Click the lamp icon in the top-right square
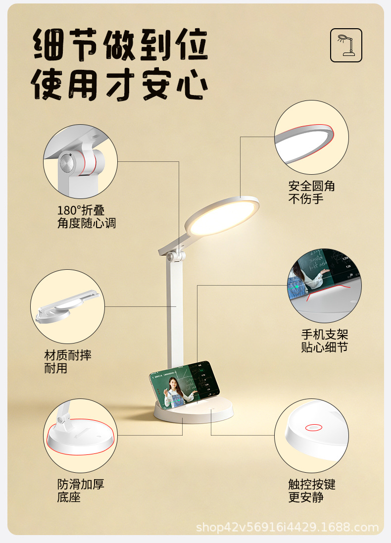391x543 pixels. [x=346, y=45]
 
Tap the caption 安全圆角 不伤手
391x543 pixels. [x=312, y=193]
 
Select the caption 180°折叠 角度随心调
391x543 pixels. [x=87, y=217]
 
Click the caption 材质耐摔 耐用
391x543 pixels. [x=68, y=362]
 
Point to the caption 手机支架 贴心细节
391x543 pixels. [x=325, y=341]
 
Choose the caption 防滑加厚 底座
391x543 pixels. [x=80, y=491]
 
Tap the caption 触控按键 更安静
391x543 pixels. [x=312, y=491]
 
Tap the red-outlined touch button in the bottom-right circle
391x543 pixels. [x=313, y=427]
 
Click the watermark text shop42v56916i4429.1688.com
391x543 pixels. [x=287, y=527]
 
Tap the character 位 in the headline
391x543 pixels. [x=191, y=46]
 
